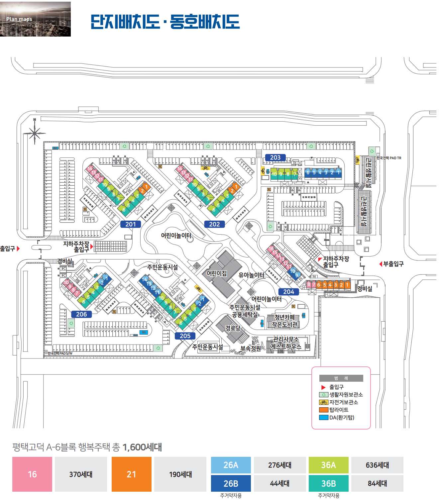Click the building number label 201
pos(131,224)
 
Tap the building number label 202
pos(214,224)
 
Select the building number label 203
pos(275,157)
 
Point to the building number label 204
pos(288,292)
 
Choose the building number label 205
pos(185,336)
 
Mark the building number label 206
pos(81,314)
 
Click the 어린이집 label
pos(217,273)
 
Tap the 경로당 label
pos(233,328)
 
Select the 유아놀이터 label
pos(251,275)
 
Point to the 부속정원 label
pos(251,349)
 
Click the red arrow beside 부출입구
pos(381,264)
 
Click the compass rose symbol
pos(35,133)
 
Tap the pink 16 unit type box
pos(32,474)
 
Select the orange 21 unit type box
pos(131,474)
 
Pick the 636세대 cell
pos(377,465)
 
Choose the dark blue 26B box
pos(231,483)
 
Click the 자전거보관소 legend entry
pos(340,402)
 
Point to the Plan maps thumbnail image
pos(35,19)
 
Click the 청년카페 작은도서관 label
pos(285,321)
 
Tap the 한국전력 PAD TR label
pos(389,158)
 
